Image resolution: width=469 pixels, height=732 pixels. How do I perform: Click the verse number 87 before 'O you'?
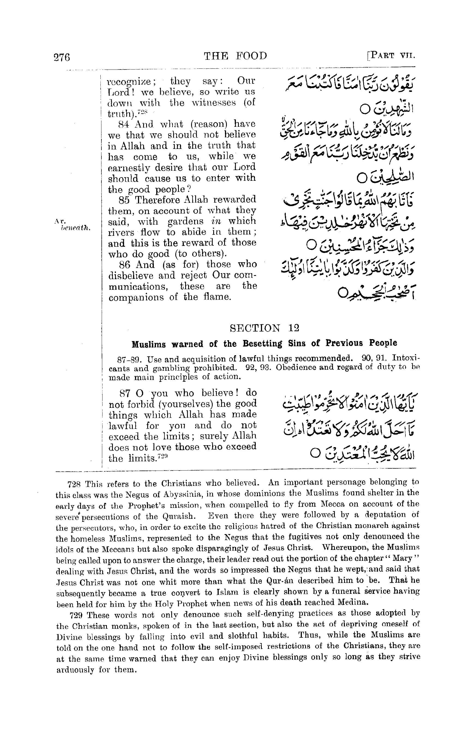pyautogui.click(x=125, y=393)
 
